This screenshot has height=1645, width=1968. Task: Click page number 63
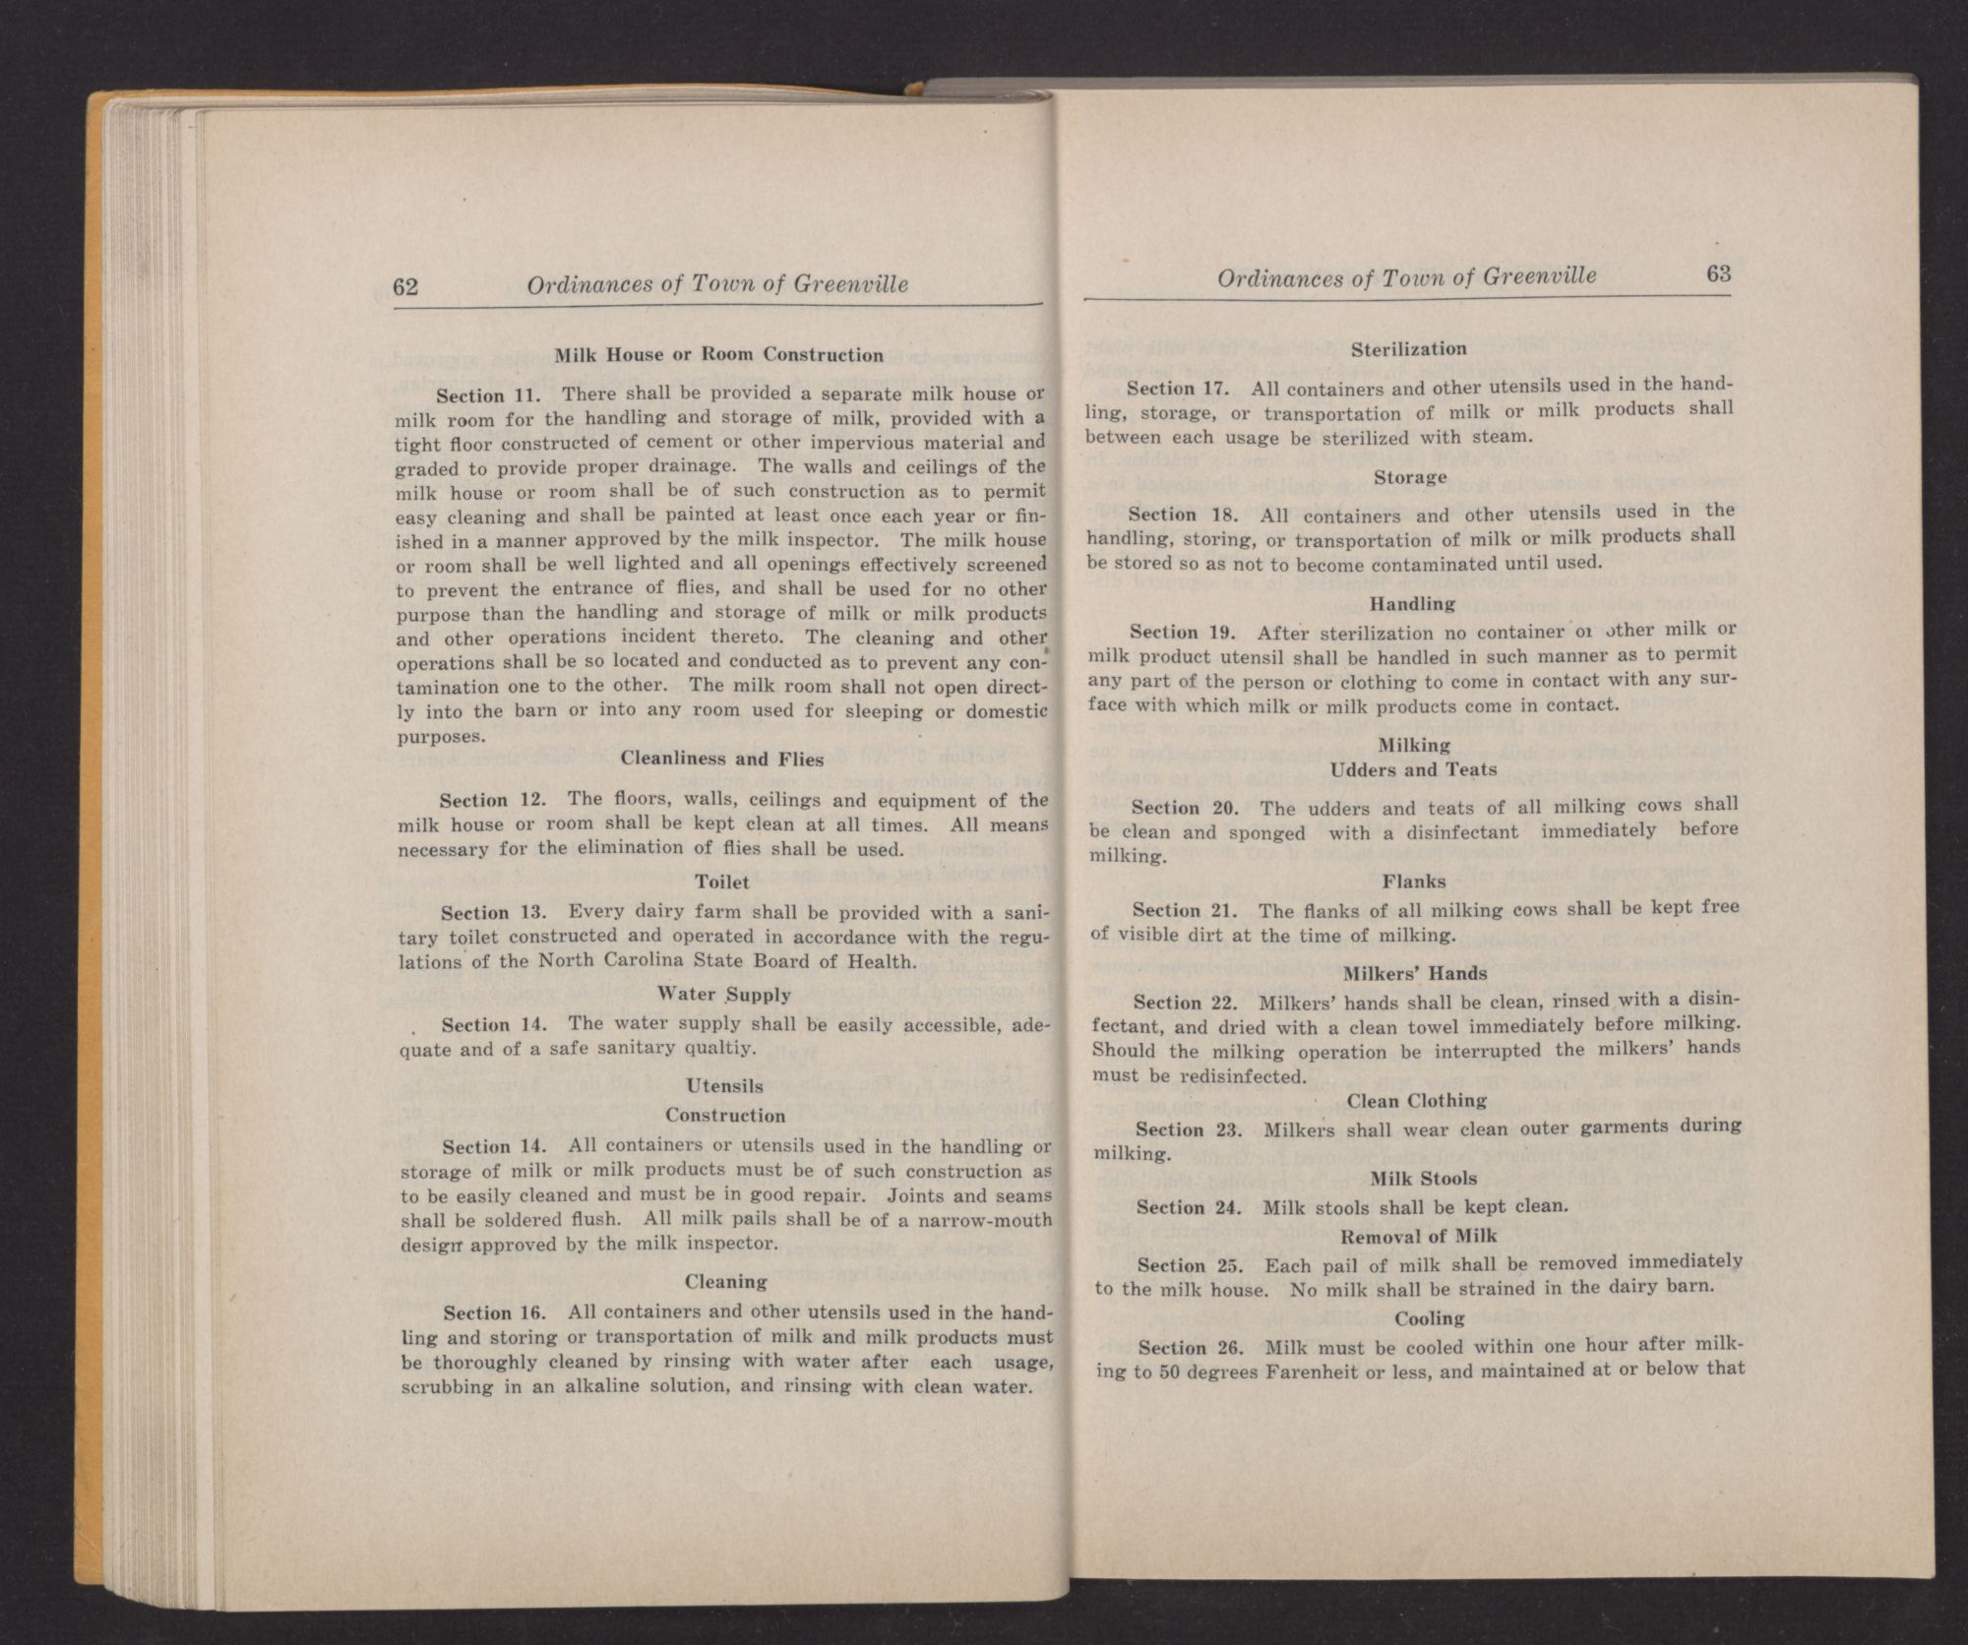pyautogui.click(x=1718, y=274)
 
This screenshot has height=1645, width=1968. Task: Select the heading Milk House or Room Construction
pyautogui.click(x=719, y=354)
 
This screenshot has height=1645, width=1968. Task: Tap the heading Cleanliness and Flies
pyautogui.click(x=722, y=759)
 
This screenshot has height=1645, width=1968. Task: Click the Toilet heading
pyautogui.click(x=722, y=883)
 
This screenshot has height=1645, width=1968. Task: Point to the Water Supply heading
pyautogui.click(x=723, y=995)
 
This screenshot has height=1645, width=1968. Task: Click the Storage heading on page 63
pyautogui.click(x=1410, y=477)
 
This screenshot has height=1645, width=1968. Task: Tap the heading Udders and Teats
pyautogui.click(x=1413, y=769)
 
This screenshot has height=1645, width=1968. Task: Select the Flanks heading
pyautogui.click(x=1414, y=882)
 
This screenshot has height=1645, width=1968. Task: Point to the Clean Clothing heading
pyautogui.click(x=1417, y=1100)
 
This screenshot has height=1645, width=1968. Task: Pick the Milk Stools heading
pyautogui.click(x=1418, y=1178)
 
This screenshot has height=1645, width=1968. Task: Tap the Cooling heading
pyautogui.click(x=1429, y=1317)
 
